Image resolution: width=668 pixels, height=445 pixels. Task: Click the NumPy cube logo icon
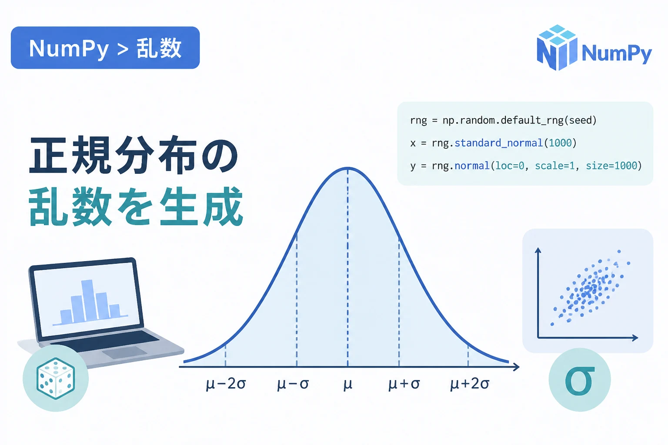point(557,48)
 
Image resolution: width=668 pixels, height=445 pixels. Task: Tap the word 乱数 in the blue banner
point(159,48)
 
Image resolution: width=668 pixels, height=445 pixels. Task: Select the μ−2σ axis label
point(226,384)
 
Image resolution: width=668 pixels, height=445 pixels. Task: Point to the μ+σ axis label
point(404,384)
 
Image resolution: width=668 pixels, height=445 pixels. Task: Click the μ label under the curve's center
point(348,384)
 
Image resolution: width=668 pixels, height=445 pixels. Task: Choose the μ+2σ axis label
point(470,384)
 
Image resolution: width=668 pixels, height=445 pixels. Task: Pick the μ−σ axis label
point(293,384)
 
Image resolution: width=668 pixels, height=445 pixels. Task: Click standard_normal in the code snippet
point(498,143)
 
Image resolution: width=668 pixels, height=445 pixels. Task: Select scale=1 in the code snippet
point(554,166)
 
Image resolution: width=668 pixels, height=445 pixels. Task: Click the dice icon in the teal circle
point(56,379)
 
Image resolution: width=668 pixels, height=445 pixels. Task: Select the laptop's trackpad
point(125,352)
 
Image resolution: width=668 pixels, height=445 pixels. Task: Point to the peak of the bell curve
point(348,169)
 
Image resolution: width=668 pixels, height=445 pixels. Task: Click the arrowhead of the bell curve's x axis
point(516,367)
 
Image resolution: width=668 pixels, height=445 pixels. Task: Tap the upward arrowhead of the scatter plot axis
point(538,250)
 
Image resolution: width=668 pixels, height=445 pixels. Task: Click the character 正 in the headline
point(48,155)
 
